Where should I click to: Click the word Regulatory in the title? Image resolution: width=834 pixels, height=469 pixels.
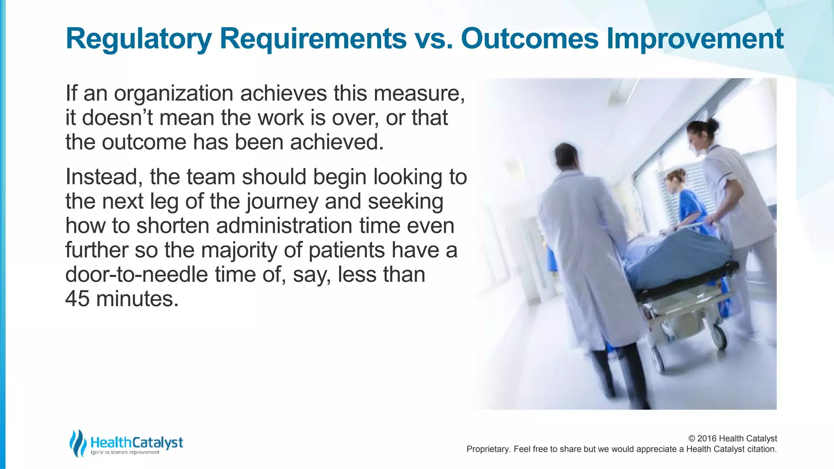138,39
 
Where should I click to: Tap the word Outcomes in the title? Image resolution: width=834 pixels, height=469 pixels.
530,39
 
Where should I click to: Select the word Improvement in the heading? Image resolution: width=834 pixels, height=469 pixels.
695,39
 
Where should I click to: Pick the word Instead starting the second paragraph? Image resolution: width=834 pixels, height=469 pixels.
104,177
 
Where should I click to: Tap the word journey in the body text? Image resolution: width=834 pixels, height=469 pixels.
281,202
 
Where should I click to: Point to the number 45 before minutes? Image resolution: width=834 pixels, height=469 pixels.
77,299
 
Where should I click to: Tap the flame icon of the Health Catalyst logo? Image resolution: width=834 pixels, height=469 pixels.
77,443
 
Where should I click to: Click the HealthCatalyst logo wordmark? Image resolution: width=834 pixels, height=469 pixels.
136,443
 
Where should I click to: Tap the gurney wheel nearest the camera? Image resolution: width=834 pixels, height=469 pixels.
718,336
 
